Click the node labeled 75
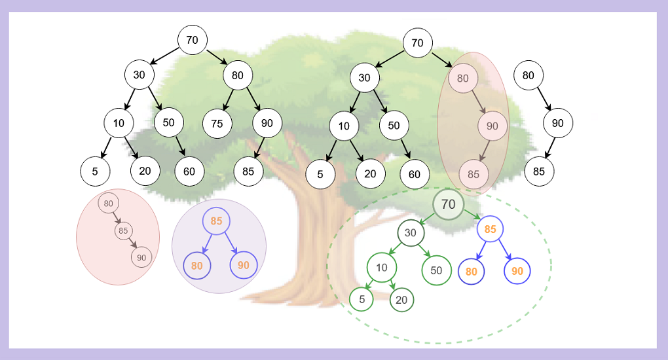pos(217,123)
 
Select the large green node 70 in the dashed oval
pos(448,204)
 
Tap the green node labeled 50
pos(436,270)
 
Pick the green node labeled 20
pos(401,300)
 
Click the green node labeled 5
pos(361,300)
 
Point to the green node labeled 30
pos(410,233)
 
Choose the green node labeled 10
pos(381,267)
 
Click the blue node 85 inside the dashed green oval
pos(490,230)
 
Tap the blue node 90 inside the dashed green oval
pos(517,271)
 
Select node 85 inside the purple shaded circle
pos(216,221)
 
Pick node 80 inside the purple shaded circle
pos(197,265)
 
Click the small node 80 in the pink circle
pos(108,204)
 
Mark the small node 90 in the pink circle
pos(141,258)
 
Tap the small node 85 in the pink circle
pos(123,230)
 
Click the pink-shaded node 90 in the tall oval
pos(492,126)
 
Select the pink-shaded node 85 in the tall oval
pos(473,175)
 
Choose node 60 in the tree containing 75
pos(189,171)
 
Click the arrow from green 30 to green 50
pos(422,251)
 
